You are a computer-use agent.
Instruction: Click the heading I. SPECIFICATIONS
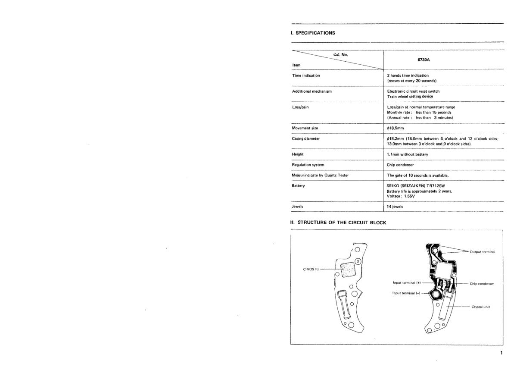click(x=313, y=33)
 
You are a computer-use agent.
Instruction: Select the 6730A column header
click(x=424, y=60)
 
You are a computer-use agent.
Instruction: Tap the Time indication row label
click(x=306, y=75)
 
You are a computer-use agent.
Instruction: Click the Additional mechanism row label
click(x=312, y=91)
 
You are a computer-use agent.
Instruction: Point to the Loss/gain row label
click(x=301, y=107)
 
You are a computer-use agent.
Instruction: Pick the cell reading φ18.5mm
click(x=396, y=128)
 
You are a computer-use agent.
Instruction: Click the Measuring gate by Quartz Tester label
click(x=321, y=175)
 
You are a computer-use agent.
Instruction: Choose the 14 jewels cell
click(x=396, y=207)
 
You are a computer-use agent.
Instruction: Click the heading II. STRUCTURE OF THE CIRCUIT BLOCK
click(x=338, y=223)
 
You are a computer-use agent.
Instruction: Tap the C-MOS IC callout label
click(x=311, y=269)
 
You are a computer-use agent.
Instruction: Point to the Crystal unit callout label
click(x=481, y=307)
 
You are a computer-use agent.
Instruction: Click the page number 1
click(x=501, y=353)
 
